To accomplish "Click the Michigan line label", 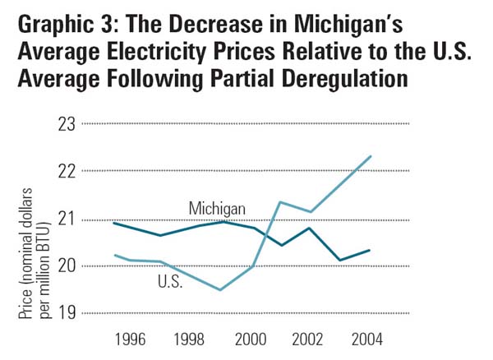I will (x=214, y=206).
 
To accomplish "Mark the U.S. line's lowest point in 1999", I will (x=220, y=289).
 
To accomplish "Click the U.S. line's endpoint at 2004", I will (x=371, y=156).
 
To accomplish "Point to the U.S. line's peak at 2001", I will (x=280, y=202).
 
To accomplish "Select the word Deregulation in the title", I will (x=348, y=81).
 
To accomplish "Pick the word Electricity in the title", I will (x=167, y=50).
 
